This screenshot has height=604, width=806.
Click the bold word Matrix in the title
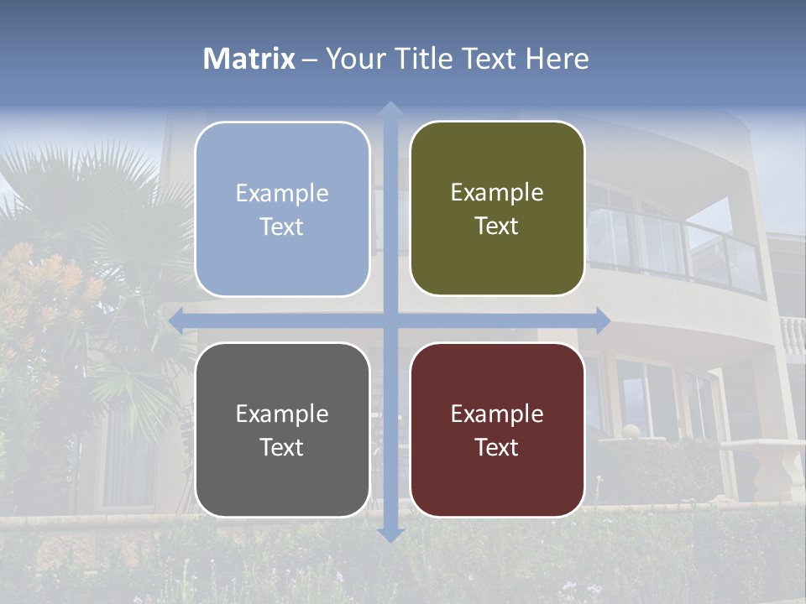[249, 59]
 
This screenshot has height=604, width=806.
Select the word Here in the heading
[557, 59]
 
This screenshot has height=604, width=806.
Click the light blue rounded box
[282, 209]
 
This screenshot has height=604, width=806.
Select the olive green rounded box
[497, 209]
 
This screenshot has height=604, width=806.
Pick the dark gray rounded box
[282, 430]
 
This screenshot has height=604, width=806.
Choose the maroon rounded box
[497, 430]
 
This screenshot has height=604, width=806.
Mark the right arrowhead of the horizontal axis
[603, 320]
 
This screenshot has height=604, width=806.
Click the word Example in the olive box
[497, 193]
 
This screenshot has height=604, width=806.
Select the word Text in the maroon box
[497, 447]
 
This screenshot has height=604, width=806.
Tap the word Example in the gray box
[282, 414]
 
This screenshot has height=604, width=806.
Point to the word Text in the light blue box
[282, 226]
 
